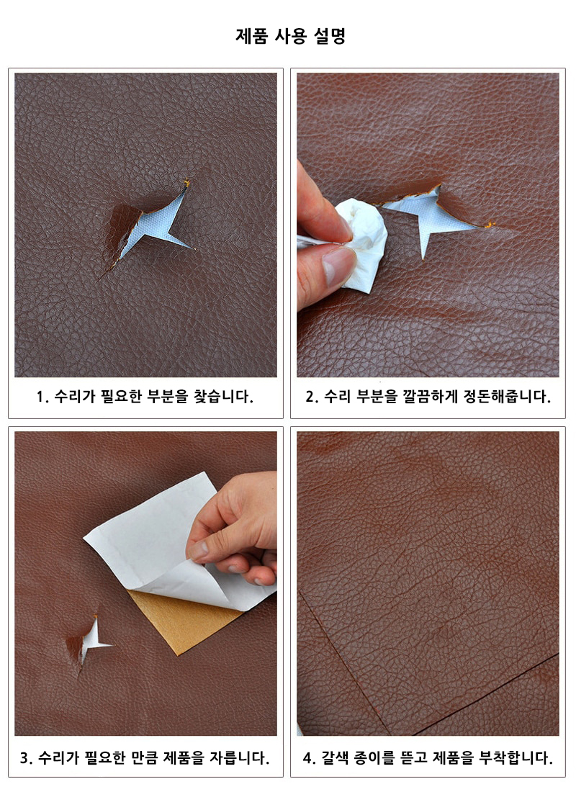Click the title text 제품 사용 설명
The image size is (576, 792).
point(291,36)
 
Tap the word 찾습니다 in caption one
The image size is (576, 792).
point(222,397)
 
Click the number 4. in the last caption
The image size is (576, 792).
point(309,757)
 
